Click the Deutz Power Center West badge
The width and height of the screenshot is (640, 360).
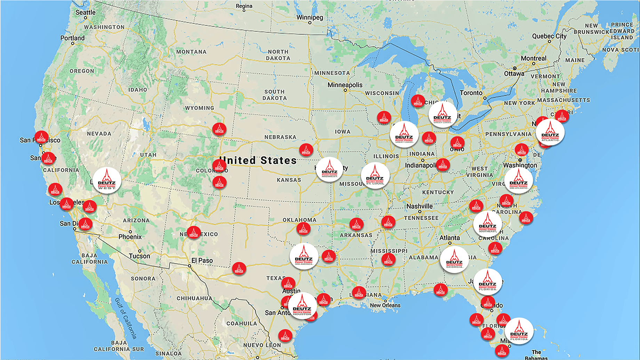point(107,181)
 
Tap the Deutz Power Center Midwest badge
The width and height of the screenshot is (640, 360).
point(329,169)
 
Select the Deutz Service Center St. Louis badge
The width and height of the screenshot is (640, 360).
point(375,176)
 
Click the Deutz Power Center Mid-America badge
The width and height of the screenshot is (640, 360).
point(304,256)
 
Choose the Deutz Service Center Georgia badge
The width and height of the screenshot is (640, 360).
point(454,260)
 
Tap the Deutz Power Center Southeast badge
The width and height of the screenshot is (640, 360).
point(487,224)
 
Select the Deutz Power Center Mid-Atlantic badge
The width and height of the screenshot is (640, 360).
point(518,181)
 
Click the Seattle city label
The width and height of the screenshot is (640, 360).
point(85,13)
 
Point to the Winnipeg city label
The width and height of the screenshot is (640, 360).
point(310,17)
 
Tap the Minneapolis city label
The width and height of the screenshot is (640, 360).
point(345,85)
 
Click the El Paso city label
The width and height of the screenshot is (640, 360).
point(202,261)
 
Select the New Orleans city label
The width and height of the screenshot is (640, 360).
point(385,305)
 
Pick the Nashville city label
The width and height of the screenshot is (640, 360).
point(419,206)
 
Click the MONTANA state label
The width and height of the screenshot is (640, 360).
point(191,52)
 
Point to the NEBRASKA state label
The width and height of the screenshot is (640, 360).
point(280,137)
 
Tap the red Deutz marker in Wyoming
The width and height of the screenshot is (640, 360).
point(219,130)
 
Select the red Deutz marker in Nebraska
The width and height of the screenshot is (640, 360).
point(306,150)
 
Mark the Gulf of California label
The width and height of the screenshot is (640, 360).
point(126,318)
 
